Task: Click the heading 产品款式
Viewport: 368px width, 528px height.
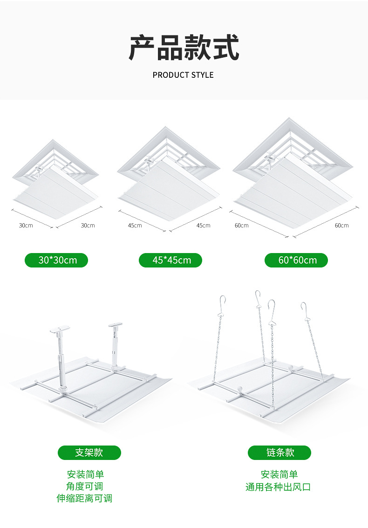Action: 184,48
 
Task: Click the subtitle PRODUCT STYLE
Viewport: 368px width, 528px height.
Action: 183,75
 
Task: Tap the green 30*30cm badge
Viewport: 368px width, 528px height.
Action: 56,261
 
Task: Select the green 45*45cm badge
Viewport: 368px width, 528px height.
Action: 170,261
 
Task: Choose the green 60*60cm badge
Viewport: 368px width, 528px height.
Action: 296,261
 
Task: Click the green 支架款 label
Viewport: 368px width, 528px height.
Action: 89,453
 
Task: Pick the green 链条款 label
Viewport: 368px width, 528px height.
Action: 279,453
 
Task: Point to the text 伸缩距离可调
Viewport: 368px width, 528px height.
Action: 84,498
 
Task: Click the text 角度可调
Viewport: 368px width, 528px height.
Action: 84,486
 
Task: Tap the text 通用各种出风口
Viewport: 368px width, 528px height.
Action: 278,487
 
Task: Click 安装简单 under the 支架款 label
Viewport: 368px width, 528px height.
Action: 85,474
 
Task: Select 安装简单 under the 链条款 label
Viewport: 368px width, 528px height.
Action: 279,474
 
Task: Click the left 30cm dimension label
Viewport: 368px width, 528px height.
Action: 26,226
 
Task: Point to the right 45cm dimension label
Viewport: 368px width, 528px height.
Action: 204,226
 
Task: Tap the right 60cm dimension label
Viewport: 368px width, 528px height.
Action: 342,226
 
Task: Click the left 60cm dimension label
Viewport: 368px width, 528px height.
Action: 242,226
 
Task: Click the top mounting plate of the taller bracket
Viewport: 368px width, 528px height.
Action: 60,329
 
